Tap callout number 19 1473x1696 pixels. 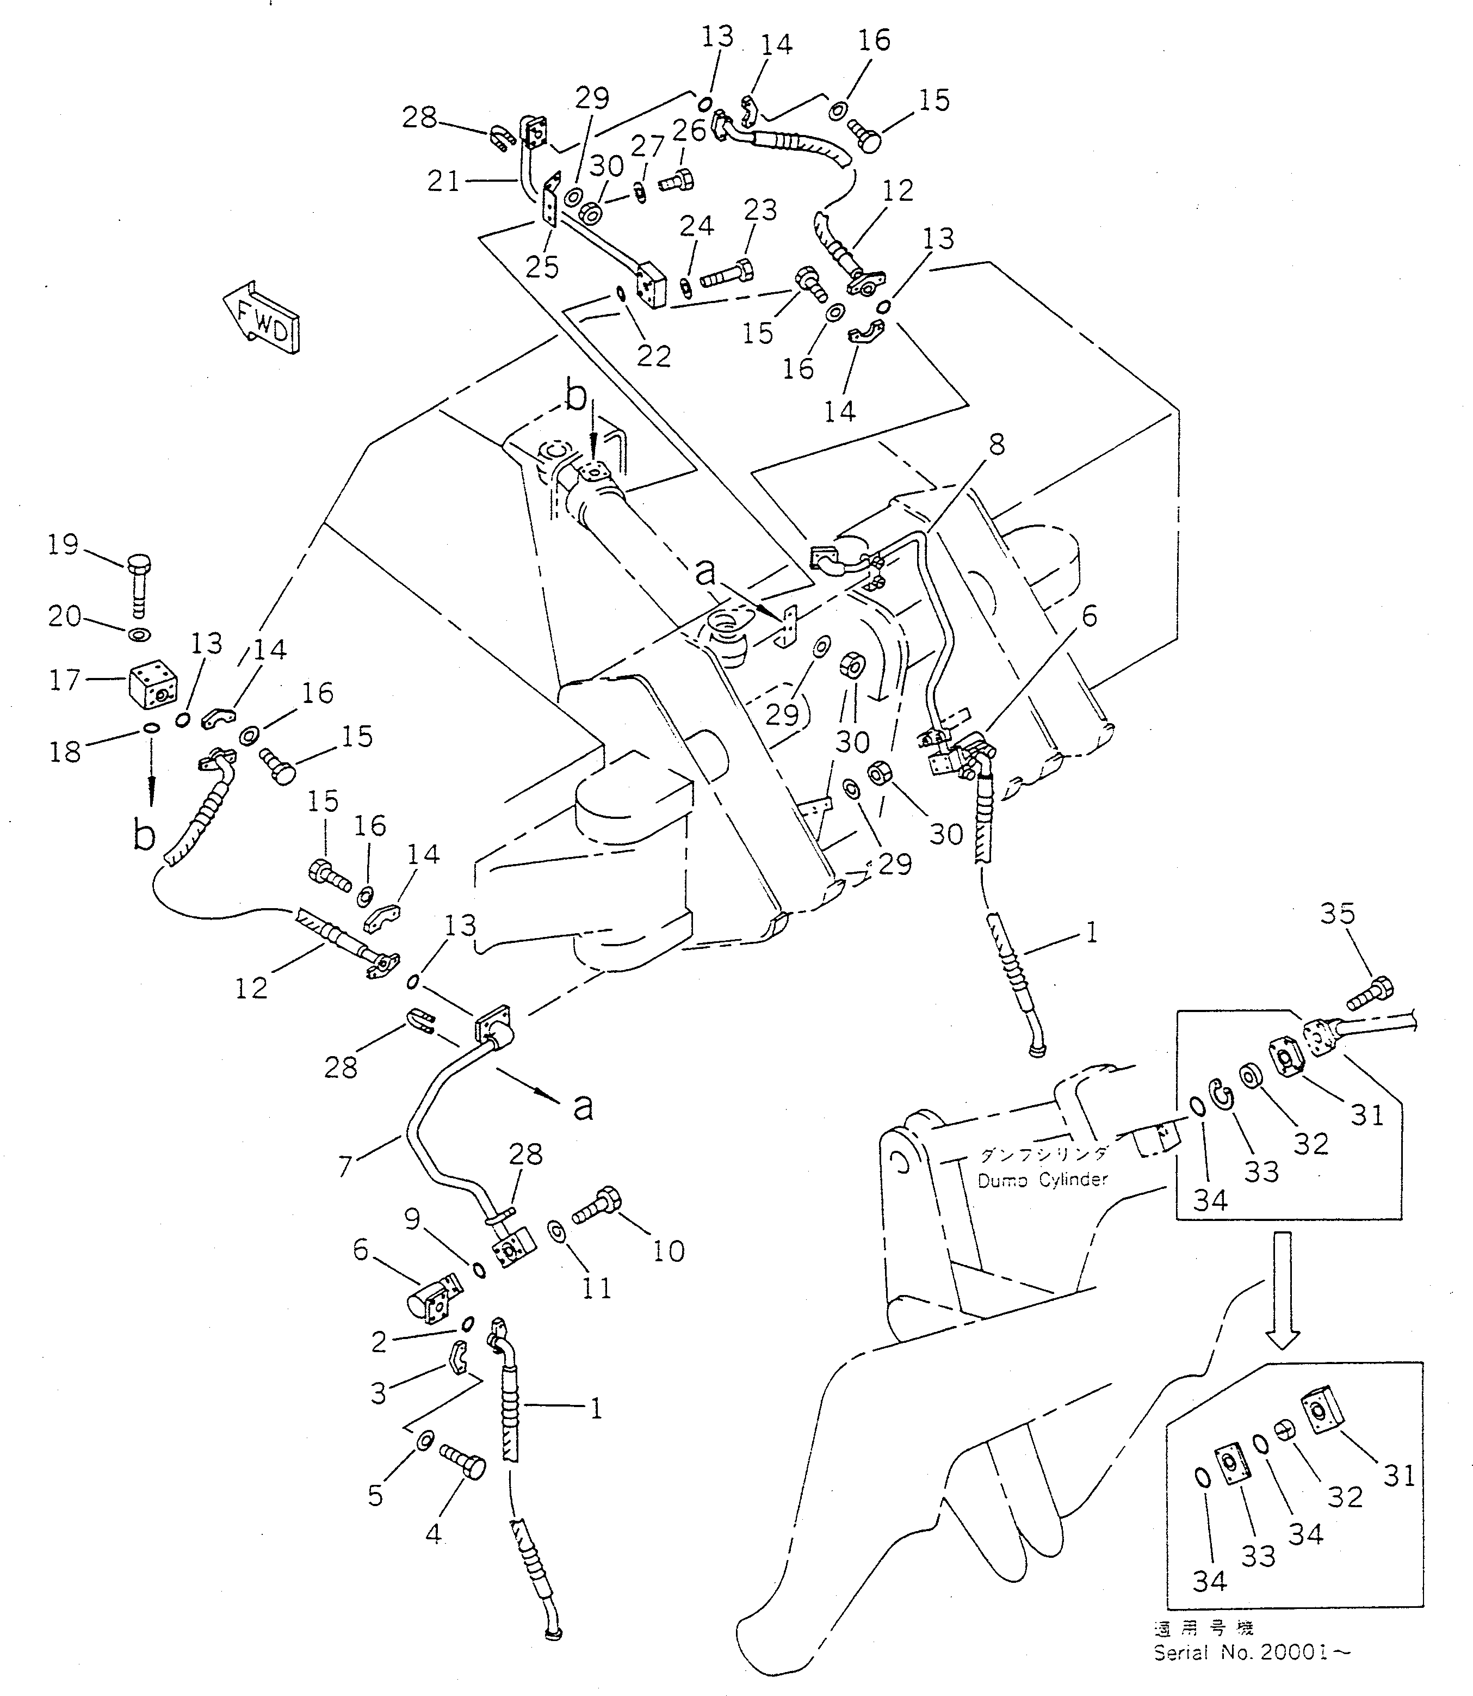63,545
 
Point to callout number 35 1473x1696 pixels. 1338,914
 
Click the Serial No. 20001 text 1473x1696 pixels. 1251,1651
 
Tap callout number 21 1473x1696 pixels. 443,181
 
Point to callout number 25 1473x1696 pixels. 542,267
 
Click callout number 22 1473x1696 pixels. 653,355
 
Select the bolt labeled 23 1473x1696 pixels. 727,274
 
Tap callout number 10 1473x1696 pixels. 669,1251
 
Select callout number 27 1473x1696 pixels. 647,146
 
